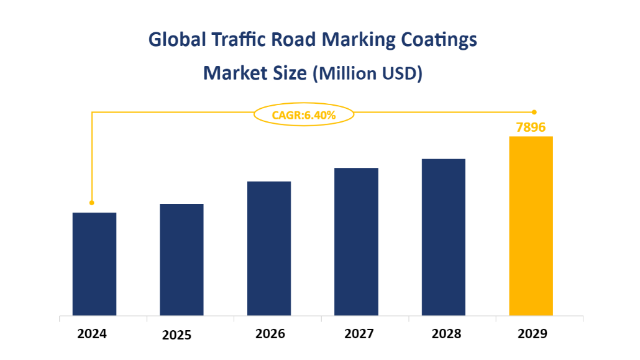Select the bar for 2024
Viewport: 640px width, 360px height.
coord(94,264)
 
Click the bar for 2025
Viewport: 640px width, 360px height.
coord(181,259)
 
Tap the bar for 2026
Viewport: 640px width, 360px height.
coord(269,248)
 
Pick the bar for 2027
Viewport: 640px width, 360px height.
coord(356,241)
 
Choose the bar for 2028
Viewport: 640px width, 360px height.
coord(444,237)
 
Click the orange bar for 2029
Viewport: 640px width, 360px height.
coord(531,226)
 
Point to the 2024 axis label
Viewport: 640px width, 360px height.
coord(92,334)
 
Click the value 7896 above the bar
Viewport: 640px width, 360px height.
coord(531,127)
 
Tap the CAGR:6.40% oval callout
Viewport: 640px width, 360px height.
coord(304,114)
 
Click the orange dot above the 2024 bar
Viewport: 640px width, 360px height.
coord(92,203)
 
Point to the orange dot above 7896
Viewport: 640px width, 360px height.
coord(534,113)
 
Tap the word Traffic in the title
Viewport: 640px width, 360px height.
coord(235,40)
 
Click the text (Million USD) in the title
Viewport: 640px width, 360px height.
coord(367,73)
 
